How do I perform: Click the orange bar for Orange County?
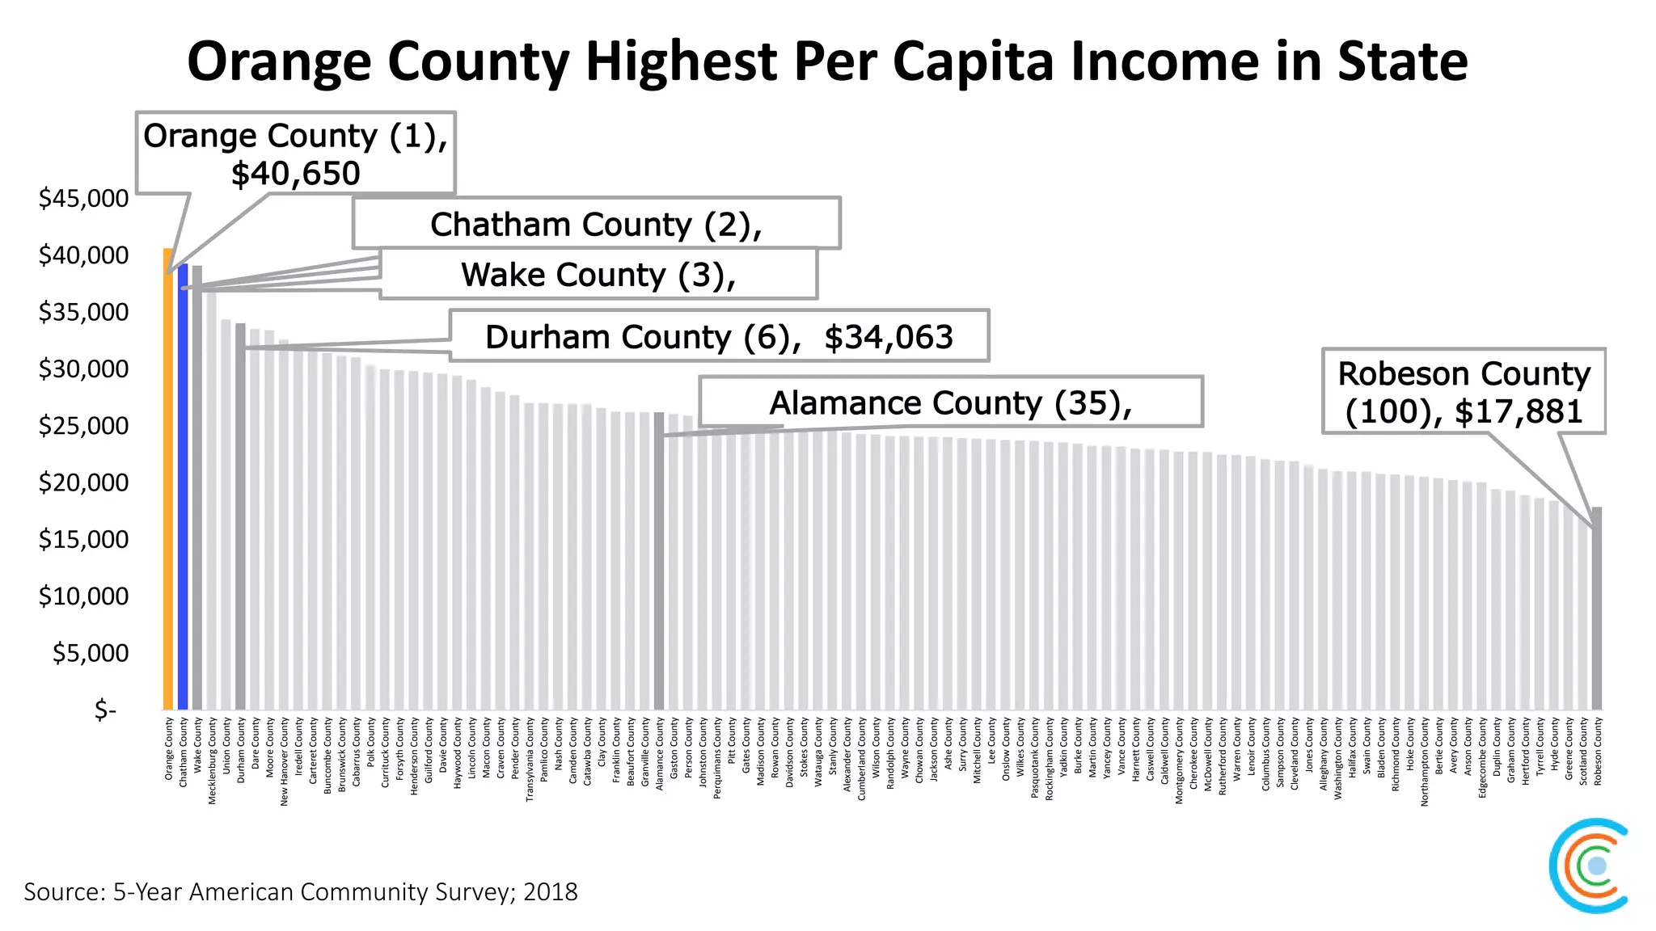168,485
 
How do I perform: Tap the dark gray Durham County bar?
240,525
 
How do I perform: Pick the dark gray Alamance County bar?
659,566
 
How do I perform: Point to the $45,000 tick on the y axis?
83,198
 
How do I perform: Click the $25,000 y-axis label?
83,426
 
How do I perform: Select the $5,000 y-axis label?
90,653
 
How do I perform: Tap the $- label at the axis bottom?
105,710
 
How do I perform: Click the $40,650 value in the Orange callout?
295,174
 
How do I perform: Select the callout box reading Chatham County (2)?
596,224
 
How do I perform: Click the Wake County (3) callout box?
598,275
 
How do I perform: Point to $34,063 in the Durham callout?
888,337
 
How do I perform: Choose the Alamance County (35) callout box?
950,402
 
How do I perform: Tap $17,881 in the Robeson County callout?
1518,412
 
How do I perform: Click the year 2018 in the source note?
550,892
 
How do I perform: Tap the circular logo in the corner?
1589,866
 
